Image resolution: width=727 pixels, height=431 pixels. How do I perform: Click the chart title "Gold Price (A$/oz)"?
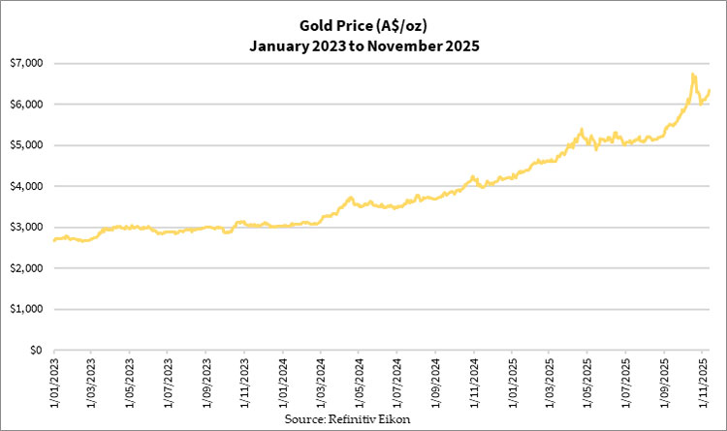364,24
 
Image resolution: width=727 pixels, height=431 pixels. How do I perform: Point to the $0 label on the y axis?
37,351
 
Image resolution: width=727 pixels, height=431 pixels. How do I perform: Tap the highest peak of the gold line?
692,74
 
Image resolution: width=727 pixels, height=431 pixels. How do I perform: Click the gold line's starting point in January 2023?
54,239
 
